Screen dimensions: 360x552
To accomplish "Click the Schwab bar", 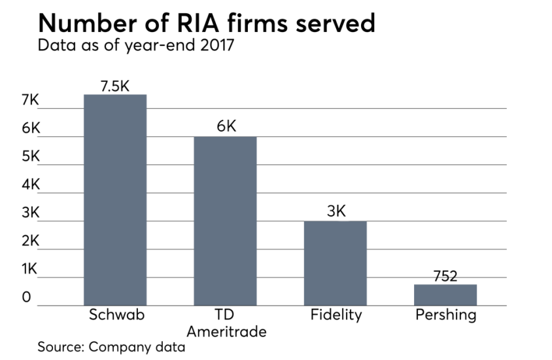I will point(115,200).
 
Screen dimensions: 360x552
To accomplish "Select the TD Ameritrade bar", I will point(226,221).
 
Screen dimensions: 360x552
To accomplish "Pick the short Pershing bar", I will point(445,295).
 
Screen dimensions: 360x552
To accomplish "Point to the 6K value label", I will point(226,126).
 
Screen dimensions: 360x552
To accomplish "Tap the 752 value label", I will point(445,276).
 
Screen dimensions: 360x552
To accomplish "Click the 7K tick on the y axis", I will point(30,101).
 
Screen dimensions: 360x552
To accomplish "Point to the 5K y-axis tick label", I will point(30,157).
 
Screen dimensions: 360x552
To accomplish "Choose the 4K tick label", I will point(30,185).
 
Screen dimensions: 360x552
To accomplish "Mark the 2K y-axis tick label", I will point(30,242).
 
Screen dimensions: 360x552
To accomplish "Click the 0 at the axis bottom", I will point(26,298).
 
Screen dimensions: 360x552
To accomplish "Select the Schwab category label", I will point(116,315).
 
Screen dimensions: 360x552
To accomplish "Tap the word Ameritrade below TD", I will point(226,332).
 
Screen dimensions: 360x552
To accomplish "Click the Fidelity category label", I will point(336,315).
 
